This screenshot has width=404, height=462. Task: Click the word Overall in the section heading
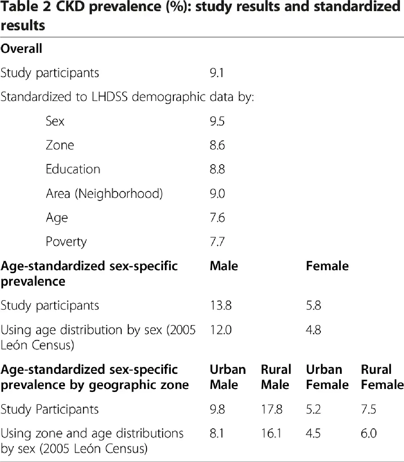(x=21, y=49)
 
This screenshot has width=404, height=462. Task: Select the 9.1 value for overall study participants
(x=216, y=73)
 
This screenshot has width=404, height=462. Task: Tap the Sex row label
(x=55, y=121)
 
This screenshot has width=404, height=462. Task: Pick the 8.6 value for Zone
(x=217, y=145)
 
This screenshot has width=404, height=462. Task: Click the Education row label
(x=73, y=169)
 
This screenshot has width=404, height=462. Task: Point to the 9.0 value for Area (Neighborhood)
(x=217, y=194)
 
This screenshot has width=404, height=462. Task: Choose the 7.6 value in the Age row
(x=217, y=218)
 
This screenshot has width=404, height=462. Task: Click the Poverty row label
(x=66, y=242)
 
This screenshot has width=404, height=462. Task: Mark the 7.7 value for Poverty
(x=217, y=242)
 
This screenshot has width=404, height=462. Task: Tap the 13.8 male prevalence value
(x=221, y=306)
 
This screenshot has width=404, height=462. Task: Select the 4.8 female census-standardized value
(x=313, y=330)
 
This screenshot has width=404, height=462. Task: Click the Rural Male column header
(x=276, y=377)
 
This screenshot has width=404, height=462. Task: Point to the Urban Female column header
(x=327, y=377)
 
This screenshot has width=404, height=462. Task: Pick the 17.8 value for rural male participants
(x=271, y=410)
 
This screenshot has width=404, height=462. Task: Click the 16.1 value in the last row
(x=271, y=434)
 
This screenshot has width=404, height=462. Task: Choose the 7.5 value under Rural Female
(x=368, y=410)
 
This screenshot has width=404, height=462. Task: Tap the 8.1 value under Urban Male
(x=216, y=434)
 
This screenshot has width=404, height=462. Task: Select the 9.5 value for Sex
(x=217, y=121)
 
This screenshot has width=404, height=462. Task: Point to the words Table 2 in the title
(x=26, y=7)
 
